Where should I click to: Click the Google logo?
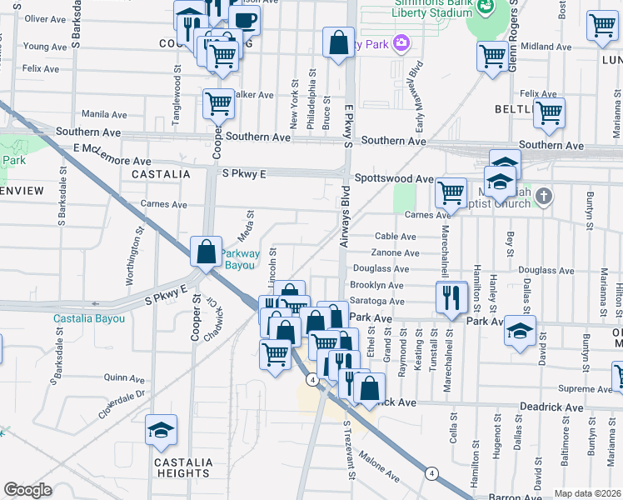coord(27,490)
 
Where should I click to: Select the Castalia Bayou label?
coord(89,318)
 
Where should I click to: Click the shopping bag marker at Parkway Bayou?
coord(206,252)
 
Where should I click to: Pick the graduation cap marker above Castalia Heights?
coord(162,429)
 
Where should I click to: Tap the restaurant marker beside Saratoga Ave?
coord(451,297)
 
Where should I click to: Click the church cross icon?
coord(543,197)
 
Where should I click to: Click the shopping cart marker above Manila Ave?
coord(218,104)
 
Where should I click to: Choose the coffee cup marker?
coord(244,20)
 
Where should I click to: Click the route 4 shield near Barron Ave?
coord(431,473)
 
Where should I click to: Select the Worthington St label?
coord(131,263)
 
